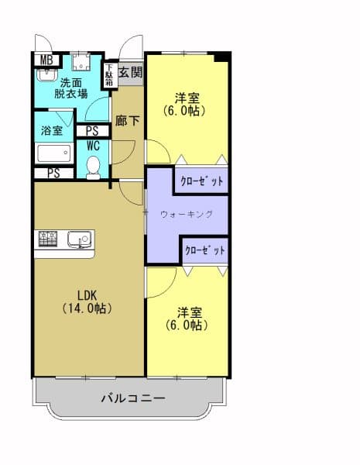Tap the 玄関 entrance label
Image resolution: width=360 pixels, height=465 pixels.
(131, 73)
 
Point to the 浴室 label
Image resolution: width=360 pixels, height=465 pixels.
(52, 131)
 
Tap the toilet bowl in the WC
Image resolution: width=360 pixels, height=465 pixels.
(93, 166)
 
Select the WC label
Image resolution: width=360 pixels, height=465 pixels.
(93, 145)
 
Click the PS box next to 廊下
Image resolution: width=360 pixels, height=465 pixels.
(92, 131)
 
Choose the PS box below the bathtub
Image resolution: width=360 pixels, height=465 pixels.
(53, 173)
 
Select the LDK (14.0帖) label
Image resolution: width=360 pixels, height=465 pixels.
(86, 301)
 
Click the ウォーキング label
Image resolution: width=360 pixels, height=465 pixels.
(186, 214)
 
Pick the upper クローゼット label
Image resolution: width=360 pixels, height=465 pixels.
(201, 181)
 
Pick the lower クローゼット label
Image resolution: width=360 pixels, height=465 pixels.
(205, 250)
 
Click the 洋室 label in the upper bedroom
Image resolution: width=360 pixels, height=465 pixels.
(187, 105)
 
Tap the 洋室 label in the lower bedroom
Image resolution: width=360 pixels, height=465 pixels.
(190, 319)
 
